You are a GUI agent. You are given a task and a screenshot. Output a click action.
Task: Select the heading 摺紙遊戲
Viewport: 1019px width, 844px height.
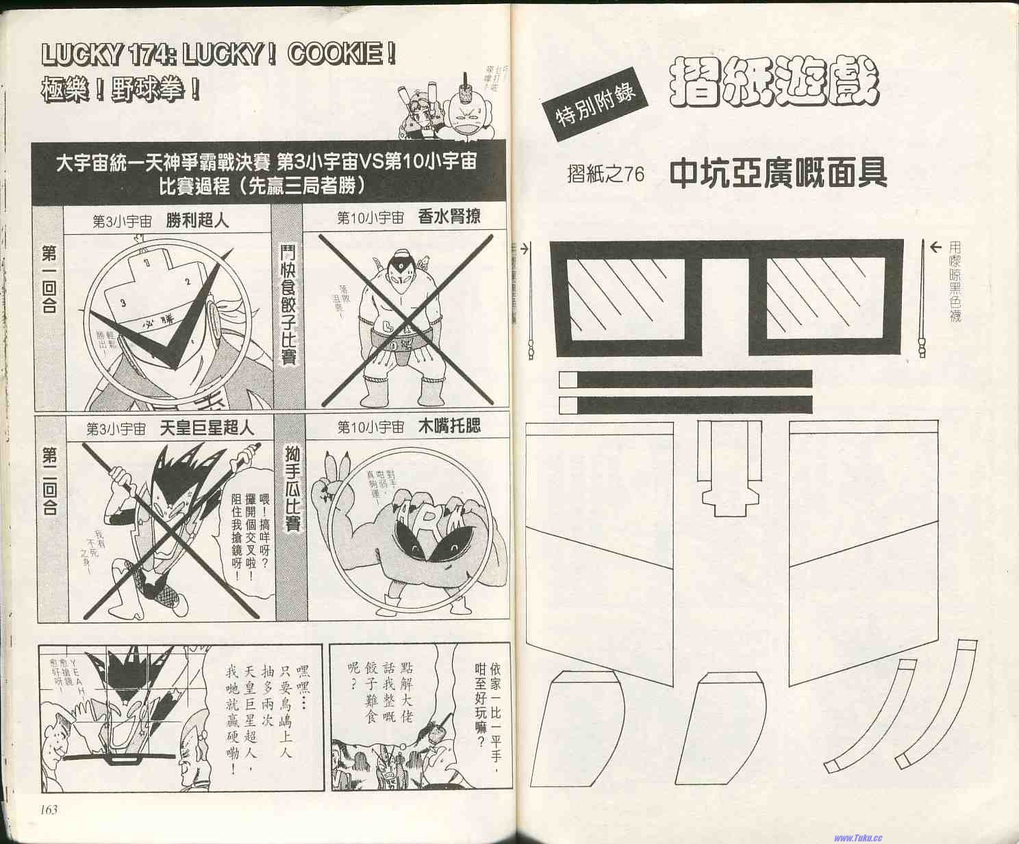coord(773,84)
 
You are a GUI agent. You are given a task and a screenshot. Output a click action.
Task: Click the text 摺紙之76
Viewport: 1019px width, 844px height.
coord(605,174)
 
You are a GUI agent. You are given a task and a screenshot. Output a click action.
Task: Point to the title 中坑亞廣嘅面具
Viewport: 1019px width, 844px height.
coord(778,173)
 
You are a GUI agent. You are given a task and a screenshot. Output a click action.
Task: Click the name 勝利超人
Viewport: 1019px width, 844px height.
coord(197,220)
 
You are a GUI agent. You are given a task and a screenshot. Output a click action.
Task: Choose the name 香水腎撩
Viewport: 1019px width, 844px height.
coord(449,217)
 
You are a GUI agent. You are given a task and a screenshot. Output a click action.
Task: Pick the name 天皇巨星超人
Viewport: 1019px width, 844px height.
coord(206,429)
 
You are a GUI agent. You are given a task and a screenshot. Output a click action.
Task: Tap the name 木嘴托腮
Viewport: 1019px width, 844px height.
coord(449,426)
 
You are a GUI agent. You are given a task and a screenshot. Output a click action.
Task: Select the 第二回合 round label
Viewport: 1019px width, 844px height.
coord(49,481)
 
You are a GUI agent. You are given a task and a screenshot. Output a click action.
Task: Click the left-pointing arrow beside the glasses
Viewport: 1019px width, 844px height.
coord(935,248)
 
